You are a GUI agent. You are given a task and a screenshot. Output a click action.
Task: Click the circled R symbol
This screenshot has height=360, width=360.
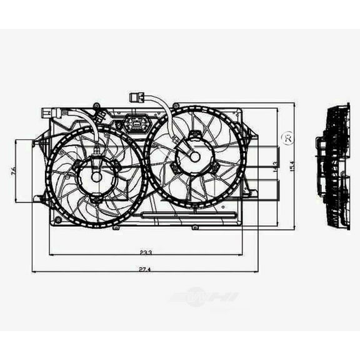click(x=287, y=138)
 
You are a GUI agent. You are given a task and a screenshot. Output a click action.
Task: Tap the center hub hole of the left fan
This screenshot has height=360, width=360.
click(x=96, y=176)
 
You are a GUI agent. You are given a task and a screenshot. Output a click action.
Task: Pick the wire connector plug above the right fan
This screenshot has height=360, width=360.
click(x=136, y=97)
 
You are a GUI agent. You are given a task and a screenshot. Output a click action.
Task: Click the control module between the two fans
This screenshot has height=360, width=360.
click(x=135, y=124)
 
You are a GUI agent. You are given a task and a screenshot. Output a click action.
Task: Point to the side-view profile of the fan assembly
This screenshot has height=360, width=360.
click(x=333, y=166)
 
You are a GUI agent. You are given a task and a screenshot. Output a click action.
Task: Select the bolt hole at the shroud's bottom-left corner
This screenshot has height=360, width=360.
click(x=58, y=220)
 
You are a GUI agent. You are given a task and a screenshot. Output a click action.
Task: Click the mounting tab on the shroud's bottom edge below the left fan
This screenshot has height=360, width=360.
click(x=116, y=227)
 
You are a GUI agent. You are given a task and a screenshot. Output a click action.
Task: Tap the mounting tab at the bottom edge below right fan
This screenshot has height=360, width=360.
click(x=194, y=227)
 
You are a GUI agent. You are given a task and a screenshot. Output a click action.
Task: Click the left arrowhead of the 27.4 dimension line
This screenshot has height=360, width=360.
click(x=34, y=271)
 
